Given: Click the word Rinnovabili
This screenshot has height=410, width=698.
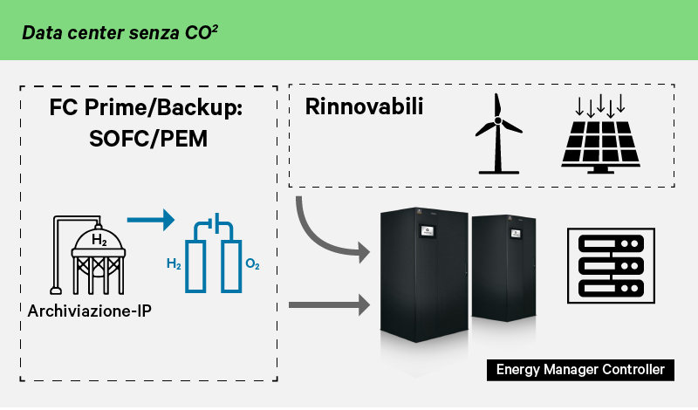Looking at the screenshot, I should pos(364,107).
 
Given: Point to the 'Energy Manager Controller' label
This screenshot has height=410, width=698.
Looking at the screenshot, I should pos(579,370).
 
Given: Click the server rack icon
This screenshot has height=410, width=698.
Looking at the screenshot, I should pos(611,265).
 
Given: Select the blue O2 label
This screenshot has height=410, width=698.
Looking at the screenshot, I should pos(252,263).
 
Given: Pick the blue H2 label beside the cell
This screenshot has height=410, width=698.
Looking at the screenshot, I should pos(173,263).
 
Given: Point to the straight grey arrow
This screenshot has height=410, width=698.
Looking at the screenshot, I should pos(325,304).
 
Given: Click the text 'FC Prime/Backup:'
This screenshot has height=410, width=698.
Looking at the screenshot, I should pos(145,110).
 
